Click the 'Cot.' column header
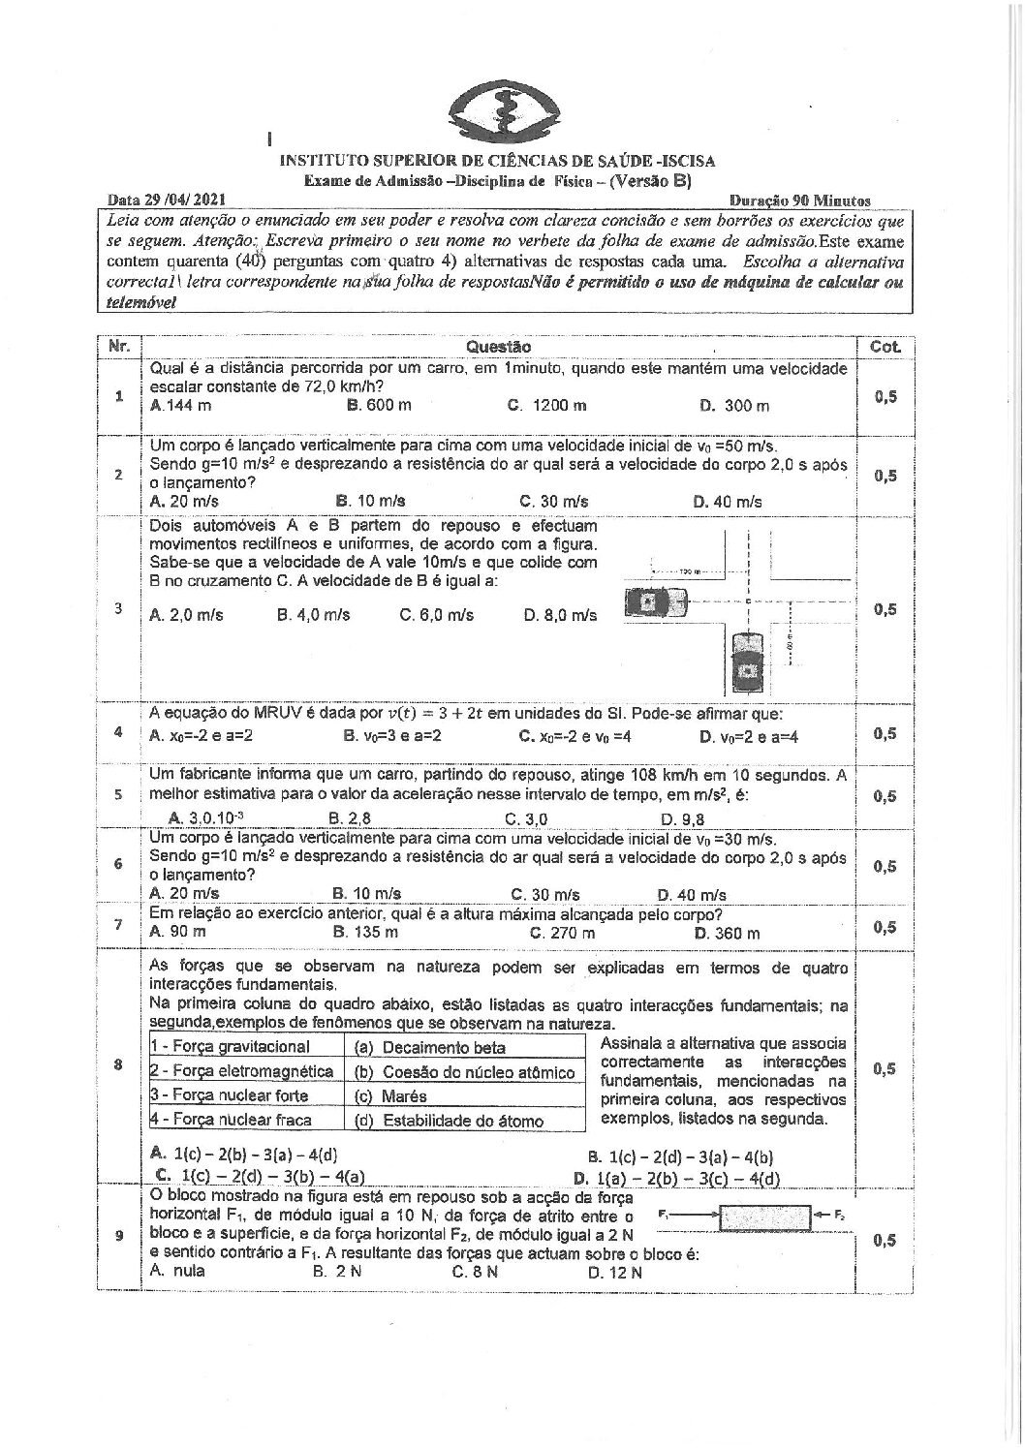tap(885, 346)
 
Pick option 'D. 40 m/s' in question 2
tap(728, 501)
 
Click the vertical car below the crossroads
tap(745, 661)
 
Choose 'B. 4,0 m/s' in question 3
tap(313, 615)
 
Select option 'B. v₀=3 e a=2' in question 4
tap(392, 736)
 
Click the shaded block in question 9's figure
tap(764, 1216)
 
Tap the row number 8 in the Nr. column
tap(118, 1065)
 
